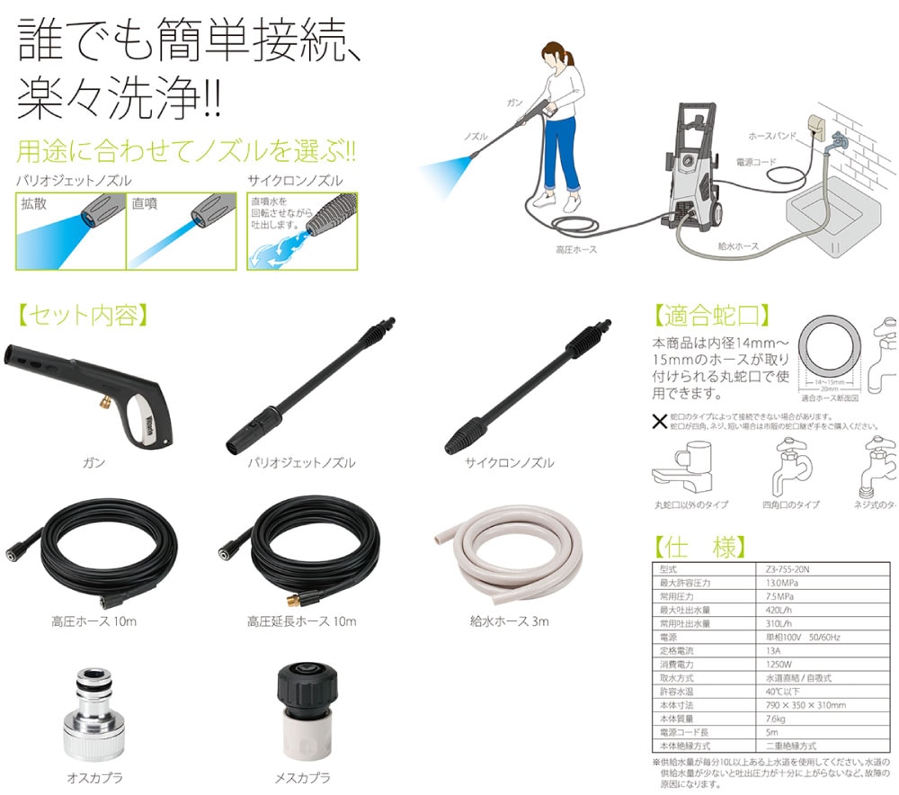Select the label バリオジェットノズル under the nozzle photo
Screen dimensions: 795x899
(301, 463)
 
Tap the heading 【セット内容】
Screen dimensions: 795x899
(82, 316)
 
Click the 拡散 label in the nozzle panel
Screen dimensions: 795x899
(34, 204)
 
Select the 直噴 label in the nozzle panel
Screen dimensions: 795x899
(144, 204)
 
